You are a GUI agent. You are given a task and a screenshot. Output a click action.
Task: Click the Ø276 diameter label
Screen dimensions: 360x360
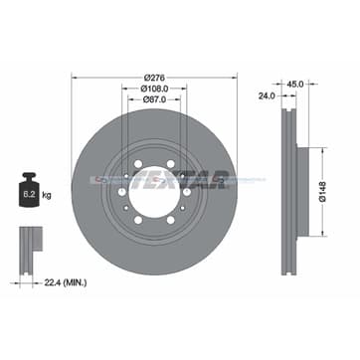(154, 78)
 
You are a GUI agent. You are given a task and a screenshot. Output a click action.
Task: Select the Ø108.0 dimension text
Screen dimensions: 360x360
(154, 89)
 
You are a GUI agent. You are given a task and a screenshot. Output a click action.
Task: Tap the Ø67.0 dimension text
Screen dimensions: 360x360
(154, 99)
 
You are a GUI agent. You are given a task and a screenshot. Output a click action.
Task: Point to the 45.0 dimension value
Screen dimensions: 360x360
(295, 85)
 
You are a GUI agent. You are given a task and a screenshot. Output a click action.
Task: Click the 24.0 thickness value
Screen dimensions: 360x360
(267, 95)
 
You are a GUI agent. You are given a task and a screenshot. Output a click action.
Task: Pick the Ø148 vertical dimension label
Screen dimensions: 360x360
(323, 192)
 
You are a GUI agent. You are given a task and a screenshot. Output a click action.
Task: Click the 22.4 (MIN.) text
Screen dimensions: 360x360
(66, 282)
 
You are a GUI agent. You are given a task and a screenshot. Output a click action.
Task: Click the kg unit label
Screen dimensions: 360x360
(47, 195)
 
